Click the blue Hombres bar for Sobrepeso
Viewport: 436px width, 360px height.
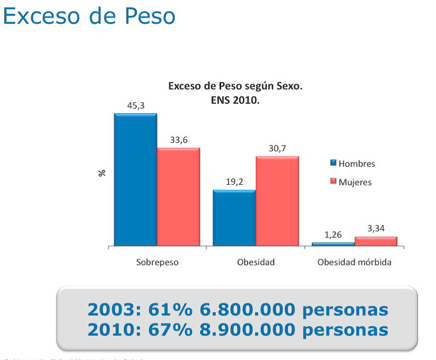(135, 180)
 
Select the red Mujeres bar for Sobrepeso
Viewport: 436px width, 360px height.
(178, 197)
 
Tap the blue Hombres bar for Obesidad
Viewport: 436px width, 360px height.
(234, 218)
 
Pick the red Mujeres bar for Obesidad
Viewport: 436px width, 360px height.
(277, 201)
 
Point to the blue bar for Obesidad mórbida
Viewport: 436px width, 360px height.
(333, 244)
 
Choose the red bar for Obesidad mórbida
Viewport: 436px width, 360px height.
(376, 241)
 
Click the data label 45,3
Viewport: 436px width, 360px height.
(135, 105)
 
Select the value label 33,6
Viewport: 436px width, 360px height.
(178, 140)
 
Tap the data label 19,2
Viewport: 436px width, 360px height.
(234, 182)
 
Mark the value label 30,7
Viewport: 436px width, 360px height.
(277, 148)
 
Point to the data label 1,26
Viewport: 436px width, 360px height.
(333, 235)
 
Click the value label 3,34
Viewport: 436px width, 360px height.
(376, 228)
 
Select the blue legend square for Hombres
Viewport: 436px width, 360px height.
(333, 163)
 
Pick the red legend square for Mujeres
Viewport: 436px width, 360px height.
(333, 182)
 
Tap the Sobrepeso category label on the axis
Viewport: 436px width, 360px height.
(157, 262)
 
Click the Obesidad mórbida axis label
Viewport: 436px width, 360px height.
(355, 262)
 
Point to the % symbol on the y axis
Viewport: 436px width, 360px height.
(102, 173)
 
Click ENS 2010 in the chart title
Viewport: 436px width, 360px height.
(235, 99)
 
